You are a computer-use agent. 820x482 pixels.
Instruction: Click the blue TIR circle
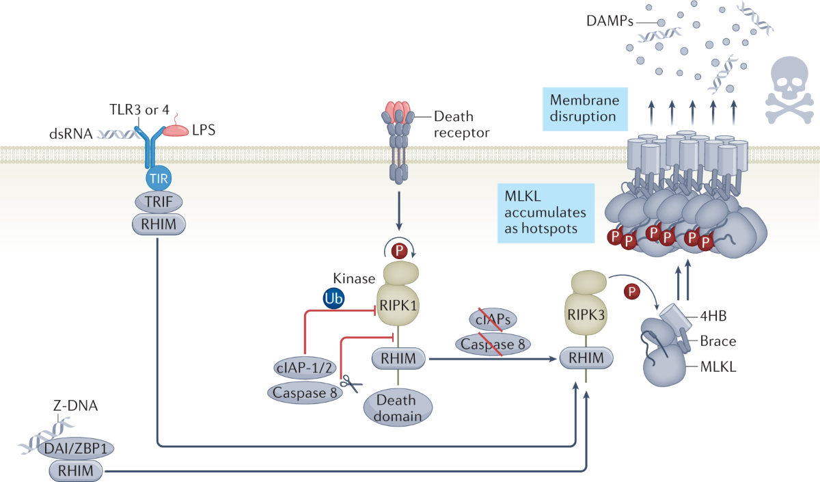point(158,180)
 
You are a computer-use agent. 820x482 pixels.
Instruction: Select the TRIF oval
point(158,202)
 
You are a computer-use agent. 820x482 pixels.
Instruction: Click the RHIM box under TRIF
point(158,224)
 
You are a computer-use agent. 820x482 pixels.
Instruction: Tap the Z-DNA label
point(75,406)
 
